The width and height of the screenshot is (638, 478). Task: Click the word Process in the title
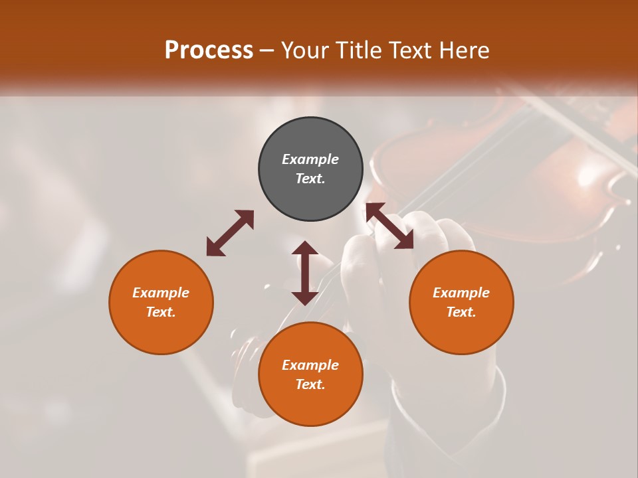(209, 50)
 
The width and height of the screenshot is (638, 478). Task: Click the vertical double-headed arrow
(305, 273)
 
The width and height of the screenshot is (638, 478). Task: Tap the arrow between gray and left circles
(230, 232)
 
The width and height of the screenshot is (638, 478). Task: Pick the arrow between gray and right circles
(389, 226)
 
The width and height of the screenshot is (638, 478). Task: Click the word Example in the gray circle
(310, 159)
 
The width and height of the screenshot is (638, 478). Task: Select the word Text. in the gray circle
(310, 179)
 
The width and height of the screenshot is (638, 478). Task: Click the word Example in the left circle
(161, 293)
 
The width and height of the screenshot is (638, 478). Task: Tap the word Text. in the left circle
(161, 312)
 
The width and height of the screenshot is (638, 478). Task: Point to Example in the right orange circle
(461, 293)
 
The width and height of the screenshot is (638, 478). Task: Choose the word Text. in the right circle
(461, 312)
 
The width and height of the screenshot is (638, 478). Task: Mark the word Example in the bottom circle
(310, 365)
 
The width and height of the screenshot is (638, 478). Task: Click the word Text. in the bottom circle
(310, 384)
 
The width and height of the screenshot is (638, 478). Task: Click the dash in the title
(267, 50)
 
